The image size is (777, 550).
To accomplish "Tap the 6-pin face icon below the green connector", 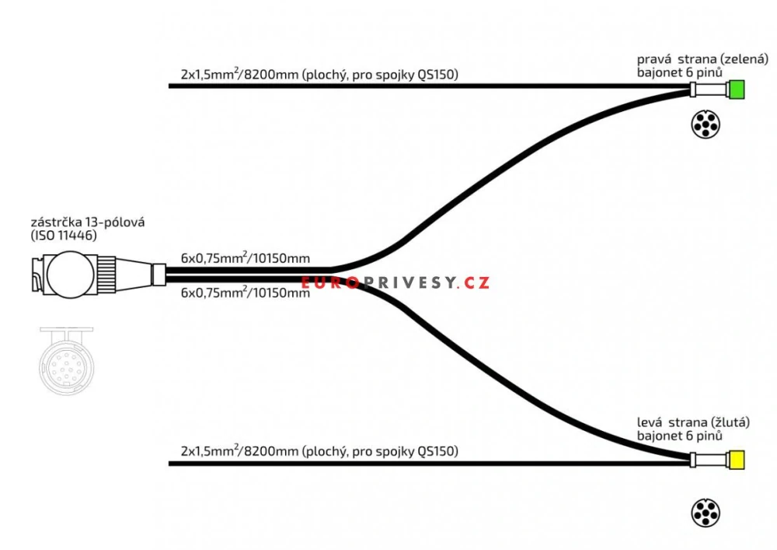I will (705, 124).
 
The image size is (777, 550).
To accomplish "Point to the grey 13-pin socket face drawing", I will (66, 357).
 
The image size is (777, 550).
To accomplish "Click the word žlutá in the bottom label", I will (730, 422).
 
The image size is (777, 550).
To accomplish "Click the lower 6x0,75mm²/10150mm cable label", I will (245, 293).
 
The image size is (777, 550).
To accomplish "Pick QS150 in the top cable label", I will (437, 75).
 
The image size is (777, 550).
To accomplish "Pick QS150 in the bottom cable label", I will (437, 451).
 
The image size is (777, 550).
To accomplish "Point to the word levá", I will (650, 422).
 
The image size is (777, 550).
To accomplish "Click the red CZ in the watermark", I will (477, 282).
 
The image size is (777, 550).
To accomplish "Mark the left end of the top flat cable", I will (171, 86).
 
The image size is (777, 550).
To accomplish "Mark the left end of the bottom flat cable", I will (171, 464).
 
